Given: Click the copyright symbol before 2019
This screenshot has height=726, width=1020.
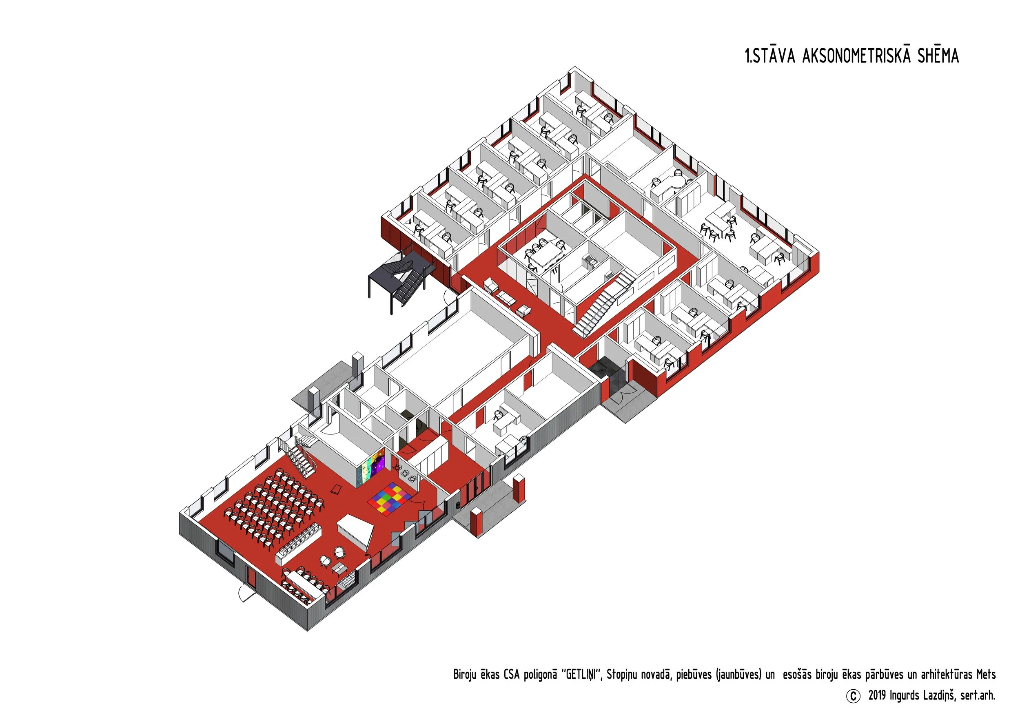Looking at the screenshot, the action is (853, 696).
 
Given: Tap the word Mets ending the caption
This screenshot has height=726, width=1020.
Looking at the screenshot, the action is (986, 674).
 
